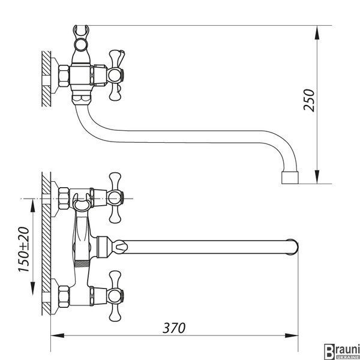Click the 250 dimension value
click(x=308, y=100)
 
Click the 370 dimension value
click(x=174, y=328)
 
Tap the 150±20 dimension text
click(x=24, y=250)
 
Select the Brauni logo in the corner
click(x=342, y=352)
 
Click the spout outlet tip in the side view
click(x=290, y=178)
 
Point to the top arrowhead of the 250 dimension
click(x=317, y=32)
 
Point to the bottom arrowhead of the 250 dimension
click(x=317, y=177)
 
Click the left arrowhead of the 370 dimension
click(x=58, y=335)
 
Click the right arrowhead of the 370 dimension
click(x=292, y=335)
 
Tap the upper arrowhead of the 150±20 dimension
click(x=33, y=205)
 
